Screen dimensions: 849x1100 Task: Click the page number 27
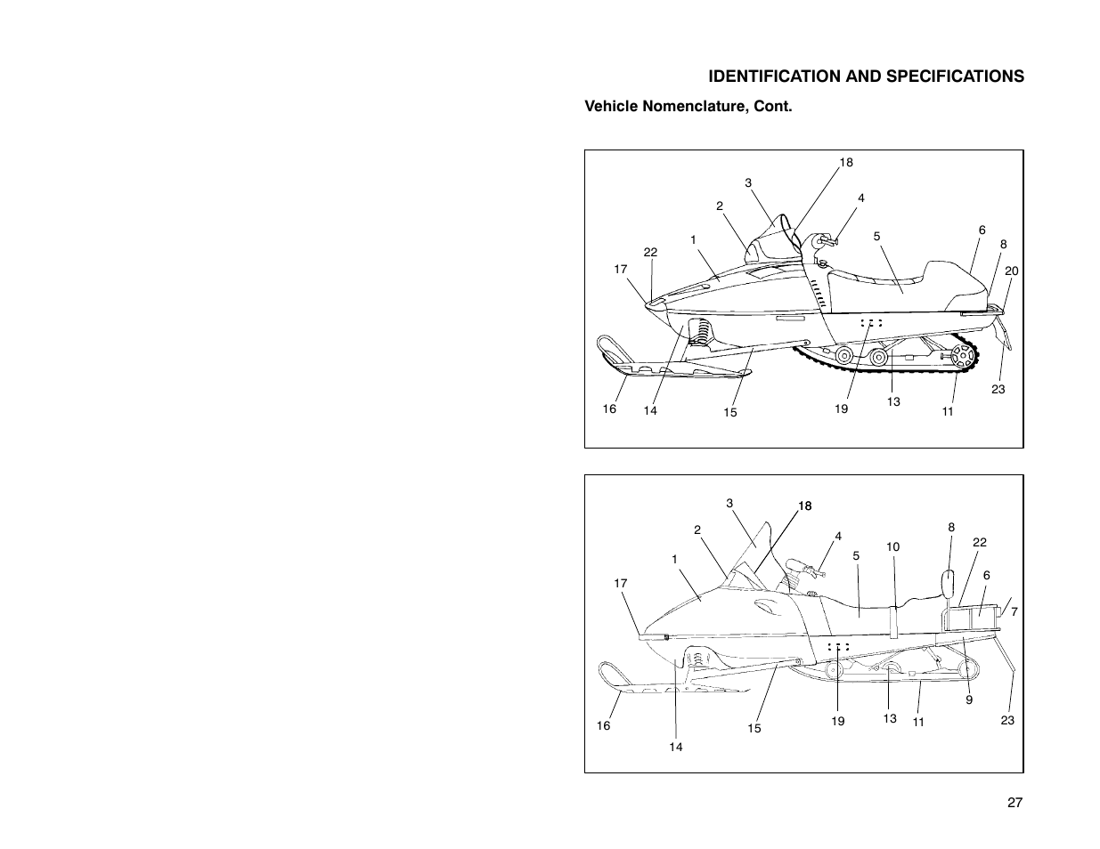[x=1014, y=803]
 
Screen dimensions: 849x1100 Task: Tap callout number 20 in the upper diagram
[x=1011, y=271]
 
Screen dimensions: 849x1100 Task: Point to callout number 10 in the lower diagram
[x=893, y=546]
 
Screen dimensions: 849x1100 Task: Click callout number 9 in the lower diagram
[x=969, y=699]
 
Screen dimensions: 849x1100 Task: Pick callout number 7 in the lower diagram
[x=1014, y=612]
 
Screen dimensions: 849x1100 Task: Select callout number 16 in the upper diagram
[x=608, y=408]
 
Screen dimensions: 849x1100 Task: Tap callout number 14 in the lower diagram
[x=676, y=747]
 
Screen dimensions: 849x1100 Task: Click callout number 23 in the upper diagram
[x=998, y=389]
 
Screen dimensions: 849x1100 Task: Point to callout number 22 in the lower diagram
[x=981, y=542]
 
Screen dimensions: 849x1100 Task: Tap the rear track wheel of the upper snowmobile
[x=962, y=359]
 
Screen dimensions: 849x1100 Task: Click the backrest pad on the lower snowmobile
[x=949, y=586]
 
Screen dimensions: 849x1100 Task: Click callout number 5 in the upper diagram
[x=876, y=237]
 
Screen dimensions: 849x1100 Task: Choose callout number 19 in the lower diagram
[x=837, y=721]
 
